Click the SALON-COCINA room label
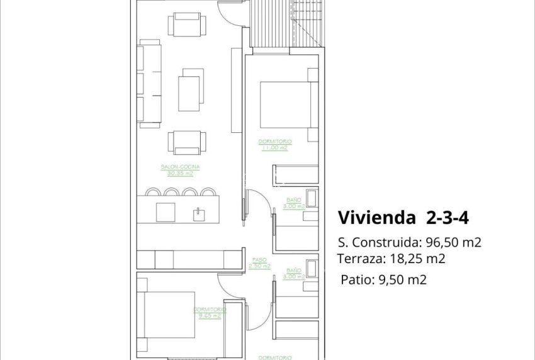(180, 167)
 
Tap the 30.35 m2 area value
(180, 173)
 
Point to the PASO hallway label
(258, 259)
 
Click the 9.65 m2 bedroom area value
(210, 316)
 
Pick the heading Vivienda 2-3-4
(403, 218)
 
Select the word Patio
(354, 280)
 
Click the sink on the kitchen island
(200, 213)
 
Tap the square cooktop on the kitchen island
(166, 212)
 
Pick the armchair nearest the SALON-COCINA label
(184, 143)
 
